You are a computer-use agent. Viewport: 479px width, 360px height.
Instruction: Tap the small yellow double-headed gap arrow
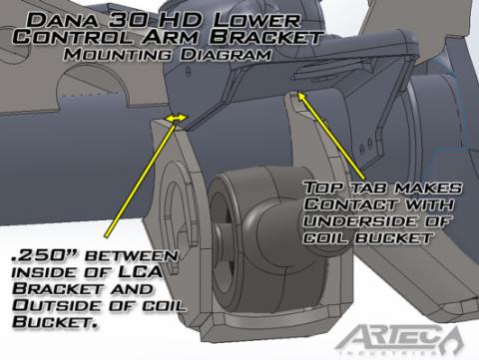(x=175, y=119)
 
